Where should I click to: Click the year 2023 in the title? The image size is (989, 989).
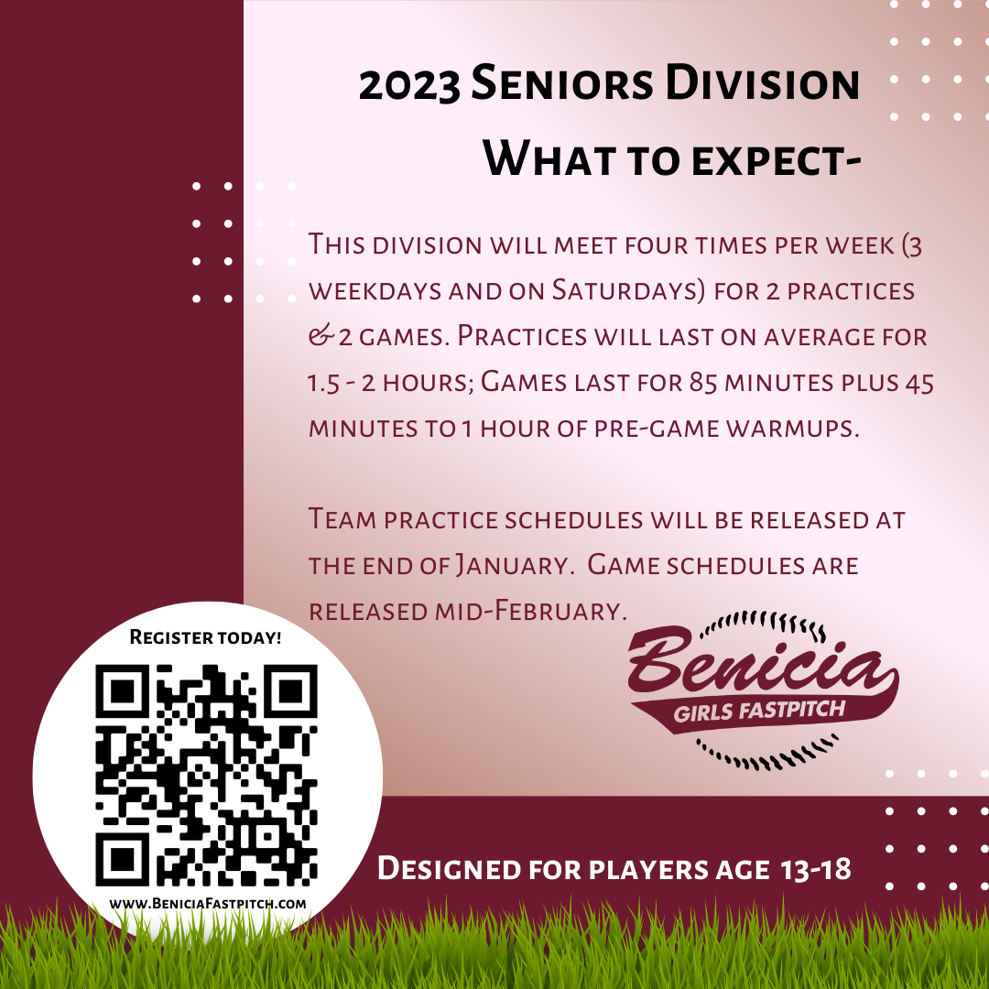[409, 84]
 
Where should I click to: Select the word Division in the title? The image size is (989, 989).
[762, 82]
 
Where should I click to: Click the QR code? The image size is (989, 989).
[206, 776]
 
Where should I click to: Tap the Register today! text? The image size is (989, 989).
[205, 637]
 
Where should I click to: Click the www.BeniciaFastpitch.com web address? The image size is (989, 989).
[208, 903]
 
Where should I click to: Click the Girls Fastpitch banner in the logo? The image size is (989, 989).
[759, 711]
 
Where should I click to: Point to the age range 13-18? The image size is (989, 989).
[816, 869]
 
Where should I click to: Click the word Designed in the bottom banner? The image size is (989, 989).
[449, 868]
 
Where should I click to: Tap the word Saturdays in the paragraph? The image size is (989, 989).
[628, 291]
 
